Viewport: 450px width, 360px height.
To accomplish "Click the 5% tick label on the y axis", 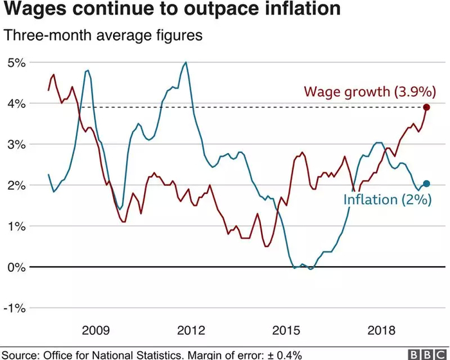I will [x=16, y=62].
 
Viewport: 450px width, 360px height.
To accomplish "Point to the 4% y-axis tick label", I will [x=16, y=104].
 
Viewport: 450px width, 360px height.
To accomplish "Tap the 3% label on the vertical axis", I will [x=16, y=144].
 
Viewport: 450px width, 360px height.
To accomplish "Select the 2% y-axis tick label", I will [x=16, y=185].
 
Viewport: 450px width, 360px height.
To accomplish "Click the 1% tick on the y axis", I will [x=16, y=226].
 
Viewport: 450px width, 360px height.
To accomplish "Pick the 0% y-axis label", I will [x=16, y=267].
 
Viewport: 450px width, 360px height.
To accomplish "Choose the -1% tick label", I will [x=14, y=308].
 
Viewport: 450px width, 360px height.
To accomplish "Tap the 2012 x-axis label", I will [x=191, y=330].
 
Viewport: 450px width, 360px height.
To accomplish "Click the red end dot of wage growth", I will [x=426, y=107].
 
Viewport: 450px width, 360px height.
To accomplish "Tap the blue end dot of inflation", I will [x=426, y=184].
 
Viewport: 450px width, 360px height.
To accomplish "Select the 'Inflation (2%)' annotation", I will [x=386, y=199].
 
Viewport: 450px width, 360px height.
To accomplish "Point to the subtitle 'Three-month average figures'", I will [x=104, y=35].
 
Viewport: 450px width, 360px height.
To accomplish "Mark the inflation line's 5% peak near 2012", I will [x=186, y=62].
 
